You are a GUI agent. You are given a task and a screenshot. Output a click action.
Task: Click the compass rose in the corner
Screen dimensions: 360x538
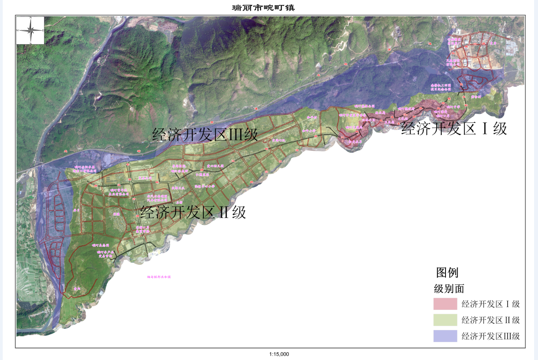click(x=30, y=30)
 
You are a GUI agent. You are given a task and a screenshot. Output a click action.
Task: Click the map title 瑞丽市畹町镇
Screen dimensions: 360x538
click(x=263, y=8)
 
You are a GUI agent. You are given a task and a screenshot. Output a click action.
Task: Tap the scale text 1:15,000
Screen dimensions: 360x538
click(x=279, y=354)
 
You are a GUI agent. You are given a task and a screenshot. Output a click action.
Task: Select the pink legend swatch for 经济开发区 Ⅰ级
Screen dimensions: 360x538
click(x=445, y=304)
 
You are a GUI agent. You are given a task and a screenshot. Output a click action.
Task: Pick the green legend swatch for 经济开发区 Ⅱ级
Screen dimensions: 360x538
click(x=445, y=320)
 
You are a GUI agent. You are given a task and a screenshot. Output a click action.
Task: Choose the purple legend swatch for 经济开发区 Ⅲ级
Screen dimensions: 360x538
click(x=445, y=336)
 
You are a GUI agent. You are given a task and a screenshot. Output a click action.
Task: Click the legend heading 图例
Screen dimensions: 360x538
click(x=447, y=273)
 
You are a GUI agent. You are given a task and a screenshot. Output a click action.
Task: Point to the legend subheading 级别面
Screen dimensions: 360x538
click(x=449, y=289)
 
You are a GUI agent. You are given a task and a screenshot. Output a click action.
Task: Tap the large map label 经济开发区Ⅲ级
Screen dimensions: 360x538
click(x=205, y=135)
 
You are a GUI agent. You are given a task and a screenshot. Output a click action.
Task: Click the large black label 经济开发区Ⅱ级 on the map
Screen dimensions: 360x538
click(x=193, y=213)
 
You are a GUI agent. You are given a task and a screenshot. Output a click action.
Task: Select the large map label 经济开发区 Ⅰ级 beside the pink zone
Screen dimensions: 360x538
click(x=454, y=129)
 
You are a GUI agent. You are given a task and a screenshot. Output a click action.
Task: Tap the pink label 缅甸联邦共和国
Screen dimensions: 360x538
click(x=159, y=277)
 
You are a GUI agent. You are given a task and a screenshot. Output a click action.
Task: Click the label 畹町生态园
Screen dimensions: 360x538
click(x=101, y=245)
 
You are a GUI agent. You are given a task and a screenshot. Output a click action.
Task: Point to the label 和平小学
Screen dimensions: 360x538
click(x=309, y=131)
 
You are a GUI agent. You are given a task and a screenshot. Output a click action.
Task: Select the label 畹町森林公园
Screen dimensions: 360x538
click(x=365, y=106)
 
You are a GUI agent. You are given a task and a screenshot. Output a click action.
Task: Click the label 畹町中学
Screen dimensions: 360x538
click(x=453, y=107)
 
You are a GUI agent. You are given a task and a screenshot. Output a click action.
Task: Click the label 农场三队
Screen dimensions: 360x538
click(x=178, y=188)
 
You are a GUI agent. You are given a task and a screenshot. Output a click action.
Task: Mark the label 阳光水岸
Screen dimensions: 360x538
click(x=355, y=142)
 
